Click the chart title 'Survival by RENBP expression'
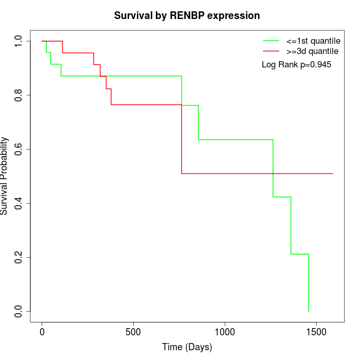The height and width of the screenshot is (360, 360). point(187,15)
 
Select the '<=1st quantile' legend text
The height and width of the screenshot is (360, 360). point(313,41)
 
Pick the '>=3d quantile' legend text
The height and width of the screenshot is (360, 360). point(313,51)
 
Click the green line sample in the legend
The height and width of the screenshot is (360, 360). point(271,41)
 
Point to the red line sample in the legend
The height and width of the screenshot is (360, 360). point(271,51)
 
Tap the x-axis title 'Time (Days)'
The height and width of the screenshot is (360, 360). point(187,347)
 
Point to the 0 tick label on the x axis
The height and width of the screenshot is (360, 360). point(42,330)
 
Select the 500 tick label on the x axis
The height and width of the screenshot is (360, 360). point(133,330)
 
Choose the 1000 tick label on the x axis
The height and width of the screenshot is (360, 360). point(225,330)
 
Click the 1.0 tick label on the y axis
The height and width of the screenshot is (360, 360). point(19,41)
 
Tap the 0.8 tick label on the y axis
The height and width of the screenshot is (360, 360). point(19,95)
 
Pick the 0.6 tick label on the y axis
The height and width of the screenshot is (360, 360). point(19,149)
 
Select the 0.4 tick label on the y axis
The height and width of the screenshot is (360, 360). point(19,203)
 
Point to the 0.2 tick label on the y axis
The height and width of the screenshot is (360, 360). point(19,257)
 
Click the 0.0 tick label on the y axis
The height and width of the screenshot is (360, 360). point(19,311)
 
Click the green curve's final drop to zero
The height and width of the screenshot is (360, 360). point(309,283)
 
